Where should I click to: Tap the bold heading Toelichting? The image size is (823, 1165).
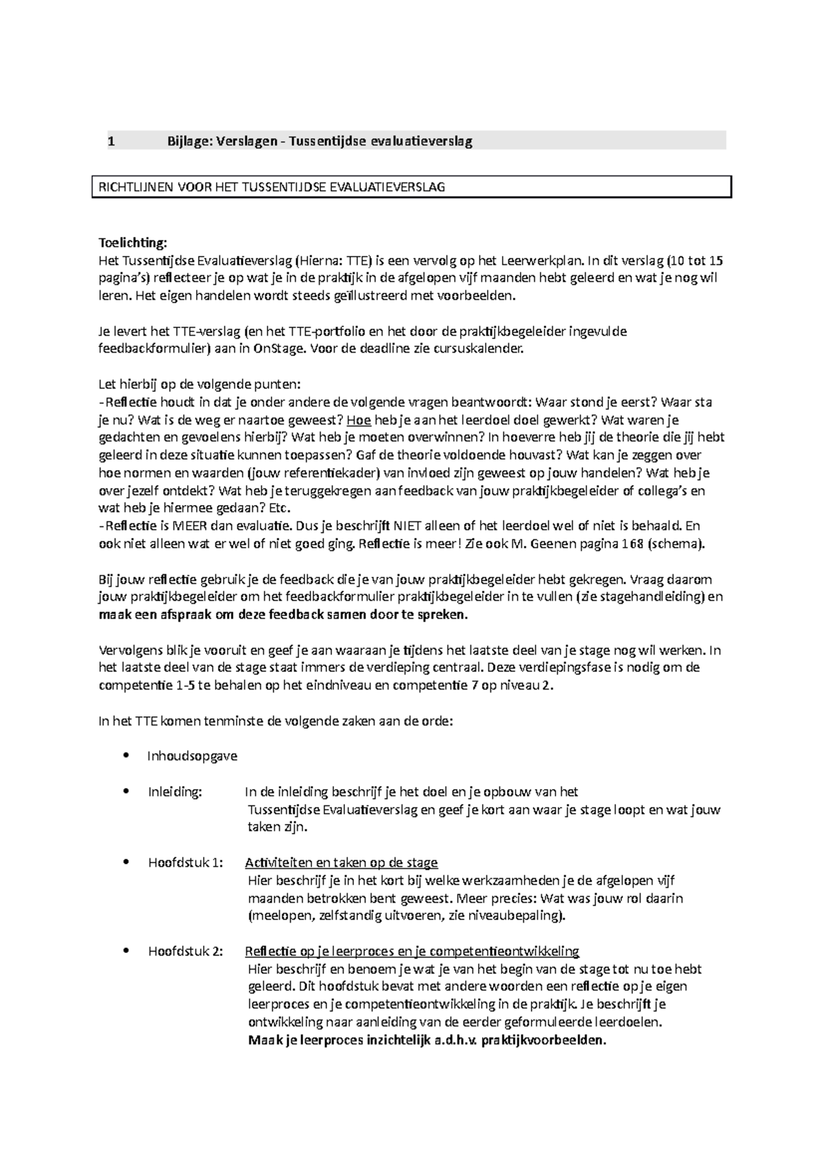click(x=132, y=243)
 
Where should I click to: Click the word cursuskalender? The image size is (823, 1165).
click(x=481, y=349)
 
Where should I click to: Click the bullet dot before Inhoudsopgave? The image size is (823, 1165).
click(x=124, y=756)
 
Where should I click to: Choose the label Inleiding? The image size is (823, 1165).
click(x=175, y=792)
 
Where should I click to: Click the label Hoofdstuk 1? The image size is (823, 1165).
click(x=185, y=862)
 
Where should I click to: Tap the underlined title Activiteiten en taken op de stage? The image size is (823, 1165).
click(x=341, y=862)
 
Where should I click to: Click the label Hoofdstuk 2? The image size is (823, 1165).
click(x=185, y=952)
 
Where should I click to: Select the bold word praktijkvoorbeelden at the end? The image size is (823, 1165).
click(x=543, y=1040)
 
